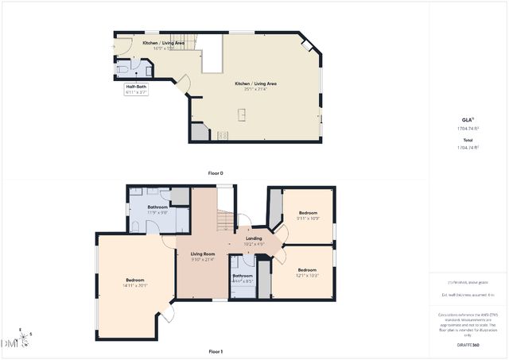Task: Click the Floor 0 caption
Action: click(216, 172)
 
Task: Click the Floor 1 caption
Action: click(216, 351)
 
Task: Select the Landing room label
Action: click(254, 238)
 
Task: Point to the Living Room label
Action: click(203, 254)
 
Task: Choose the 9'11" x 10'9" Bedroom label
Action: click(308, 213)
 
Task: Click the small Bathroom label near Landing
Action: click(242, 276)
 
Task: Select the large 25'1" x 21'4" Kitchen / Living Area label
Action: click(255, 83)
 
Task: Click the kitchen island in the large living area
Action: click(241, 116)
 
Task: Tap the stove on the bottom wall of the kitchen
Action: click(223, 135)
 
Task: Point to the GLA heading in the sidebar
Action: click(468, 119)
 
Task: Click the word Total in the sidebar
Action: click(468, 140)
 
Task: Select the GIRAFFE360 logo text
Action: click(468, 346)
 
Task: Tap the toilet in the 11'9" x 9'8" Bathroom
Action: click(136, 227)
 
